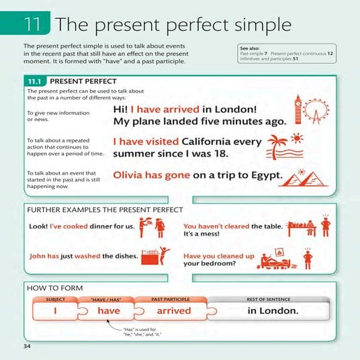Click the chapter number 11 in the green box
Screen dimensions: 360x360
tap(33, 24)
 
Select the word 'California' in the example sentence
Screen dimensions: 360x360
tap(214, 142)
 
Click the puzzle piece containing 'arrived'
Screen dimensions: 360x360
tap(173, 311)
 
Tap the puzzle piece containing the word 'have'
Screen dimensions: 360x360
tap(108, 311)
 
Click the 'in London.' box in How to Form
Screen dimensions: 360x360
tap(273, 311)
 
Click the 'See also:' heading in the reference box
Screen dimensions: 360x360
tap(250, 49)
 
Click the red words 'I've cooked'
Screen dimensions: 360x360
tap(63, 227)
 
